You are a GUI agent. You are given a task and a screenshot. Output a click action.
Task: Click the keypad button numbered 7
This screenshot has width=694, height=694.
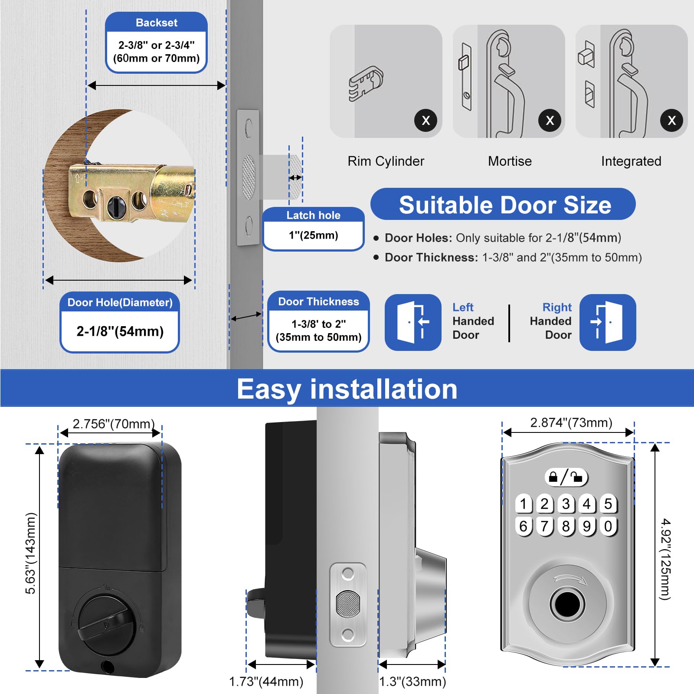[x=545, y=526]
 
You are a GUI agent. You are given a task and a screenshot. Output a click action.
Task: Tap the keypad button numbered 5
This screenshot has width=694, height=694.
[x=608, y=504]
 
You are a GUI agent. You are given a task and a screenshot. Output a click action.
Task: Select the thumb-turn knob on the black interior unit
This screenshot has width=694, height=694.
[x=105, y=625]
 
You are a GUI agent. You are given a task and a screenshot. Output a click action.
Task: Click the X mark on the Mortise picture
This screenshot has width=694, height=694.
[x=550, y=120]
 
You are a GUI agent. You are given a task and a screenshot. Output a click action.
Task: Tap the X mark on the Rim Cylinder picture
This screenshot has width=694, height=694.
[x=426, y=120]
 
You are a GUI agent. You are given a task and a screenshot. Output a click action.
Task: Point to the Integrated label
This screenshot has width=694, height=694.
[x=631, y=161]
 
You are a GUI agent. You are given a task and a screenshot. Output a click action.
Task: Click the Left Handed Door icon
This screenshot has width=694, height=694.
[x=412, y=322]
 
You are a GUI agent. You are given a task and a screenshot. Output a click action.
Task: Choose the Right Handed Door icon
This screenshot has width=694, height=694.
[x=607, y=322]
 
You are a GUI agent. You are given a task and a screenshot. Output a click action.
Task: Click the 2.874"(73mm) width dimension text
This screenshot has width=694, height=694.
[x=571, y=422]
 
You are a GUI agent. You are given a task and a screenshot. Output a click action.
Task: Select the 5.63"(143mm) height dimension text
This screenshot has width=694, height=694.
[x=31, y=553]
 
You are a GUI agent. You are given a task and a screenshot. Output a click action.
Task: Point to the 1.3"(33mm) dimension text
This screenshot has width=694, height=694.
[x=412, y=681]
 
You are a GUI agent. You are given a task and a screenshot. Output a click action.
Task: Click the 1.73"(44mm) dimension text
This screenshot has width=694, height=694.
[x=266, y=681]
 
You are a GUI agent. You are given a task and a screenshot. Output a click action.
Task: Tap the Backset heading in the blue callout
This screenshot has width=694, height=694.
[x=156, y=23]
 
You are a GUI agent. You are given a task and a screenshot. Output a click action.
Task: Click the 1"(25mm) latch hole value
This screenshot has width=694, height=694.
[x=313, y=236]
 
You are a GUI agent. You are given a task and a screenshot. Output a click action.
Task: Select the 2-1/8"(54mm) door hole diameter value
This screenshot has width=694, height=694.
[x=120, y=331]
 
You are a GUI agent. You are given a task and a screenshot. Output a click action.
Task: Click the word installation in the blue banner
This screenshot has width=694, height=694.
[x=383, y=389]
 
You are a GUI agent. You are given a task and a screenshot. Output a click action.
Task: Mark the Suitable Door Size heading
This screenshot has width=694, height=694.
[x=504, y=205]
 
